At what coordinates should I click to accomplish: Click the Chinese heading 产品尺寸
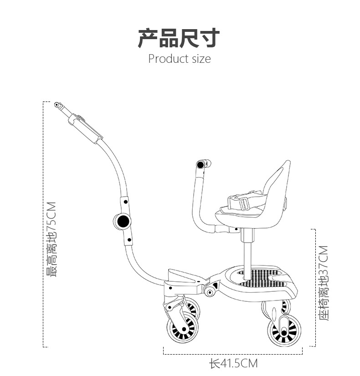[179, 38]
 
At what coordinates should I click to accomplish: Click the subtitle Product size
[180, 59]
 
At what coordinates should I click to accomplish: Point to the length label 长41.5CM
[233, 363]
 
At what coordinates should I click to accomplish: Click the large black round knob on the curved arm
[123, 222]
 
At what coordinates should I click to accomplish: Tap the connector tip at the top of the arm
[57, 105]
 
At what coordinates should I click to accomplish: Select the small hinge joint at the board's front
[211, 290]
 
